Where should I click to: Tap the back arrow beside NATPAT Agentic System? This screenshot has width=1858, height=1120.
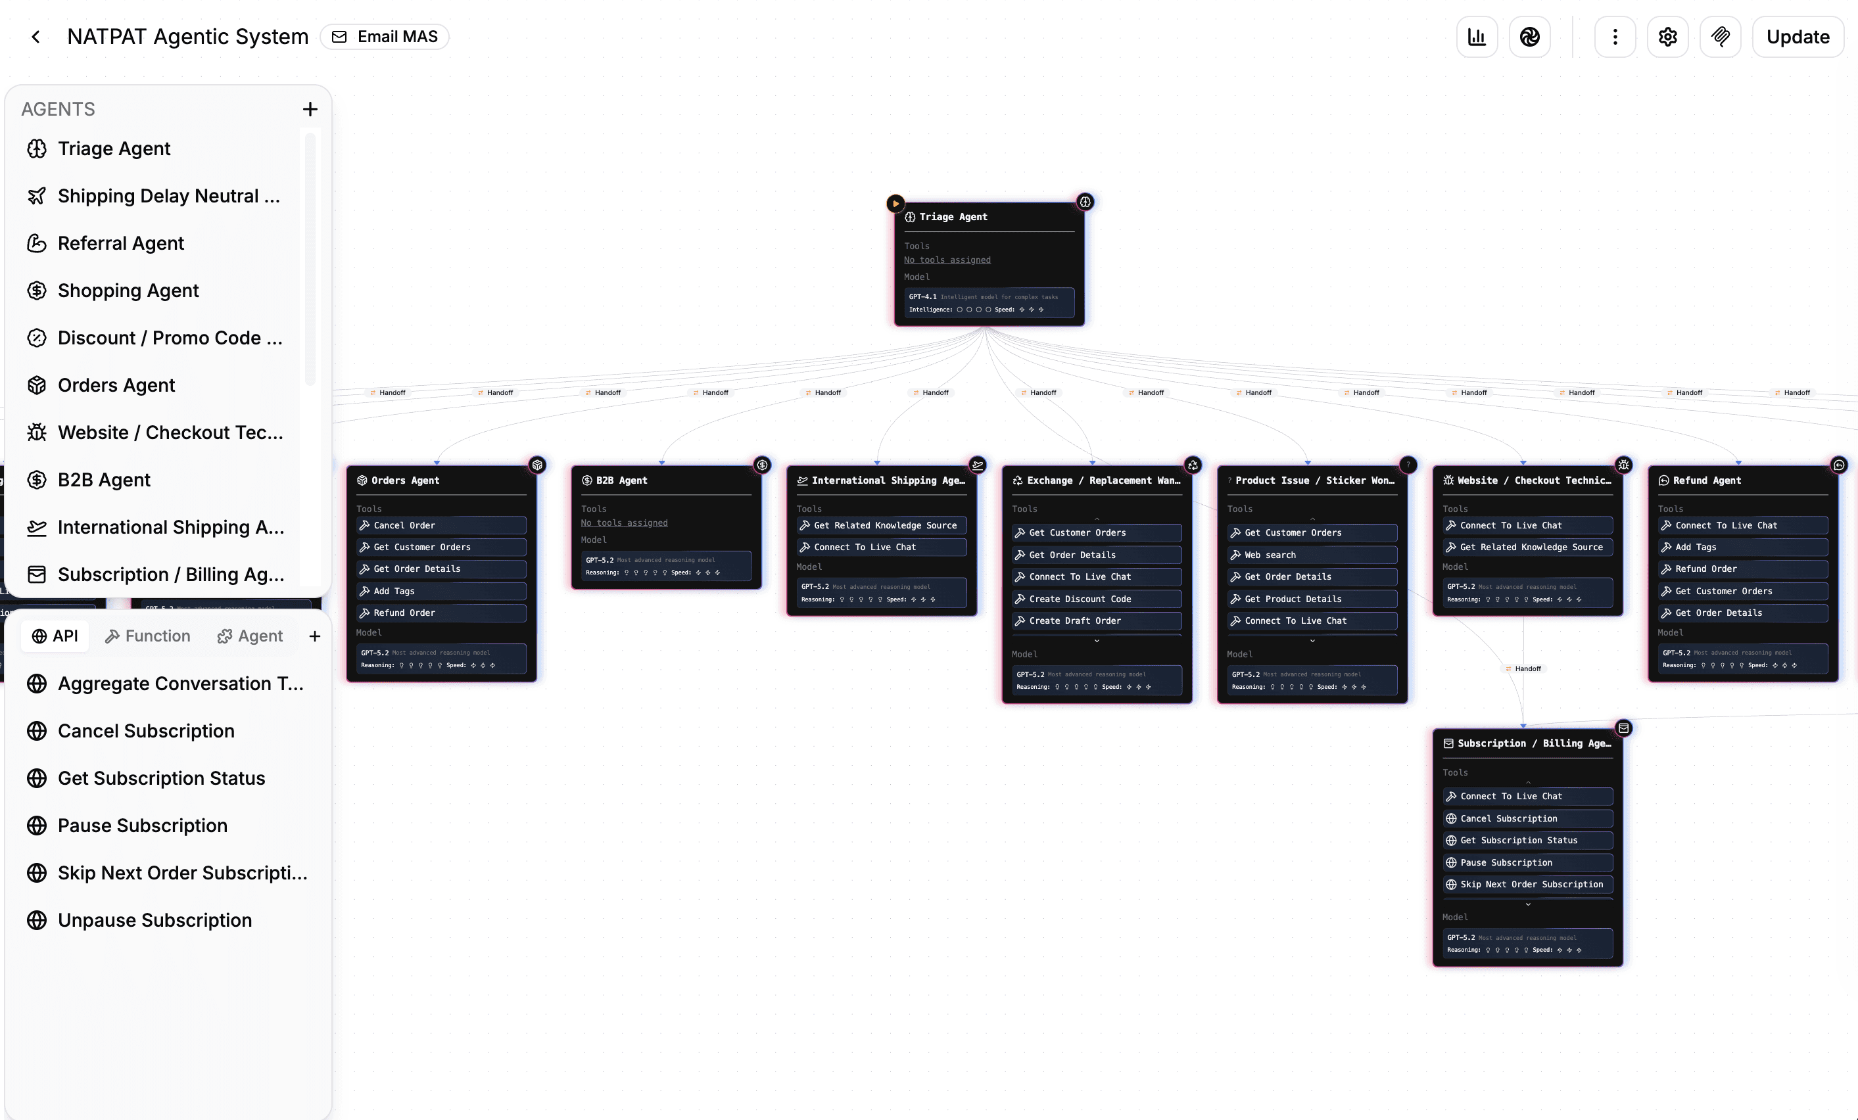[36, 37]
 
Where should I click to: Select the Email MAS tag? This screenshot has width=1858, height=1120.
[385, 37]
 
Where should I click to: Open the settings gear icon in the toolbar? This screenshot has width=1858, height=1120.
[1667, 37]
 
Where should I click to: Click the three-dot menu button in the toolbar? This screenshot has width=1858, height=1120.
[1615, 37]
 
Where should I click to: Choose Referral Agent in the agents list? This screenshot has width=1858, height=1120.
[121, 243]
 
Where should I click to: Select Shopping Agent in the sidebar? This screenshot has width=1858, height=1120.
[128, 291]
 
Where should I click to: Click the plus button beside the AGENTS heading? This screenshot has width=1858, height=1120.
[310, 109]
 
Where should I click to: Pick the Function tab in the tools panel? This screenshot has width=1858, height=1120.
[148, 636]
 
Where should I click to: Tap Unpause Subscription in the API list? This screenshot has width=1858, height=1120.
[155, 920]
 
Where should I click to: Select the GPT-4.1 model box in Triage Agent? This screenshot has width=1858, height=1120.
[989, 303]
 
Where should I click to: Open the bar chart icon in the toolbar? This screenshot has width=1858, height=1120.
[1477, 37]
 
